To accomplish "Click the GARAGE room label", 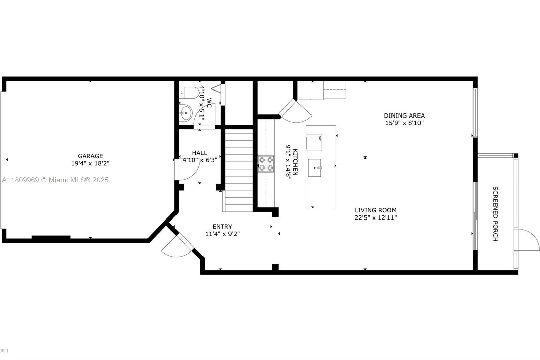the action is coord(90,156).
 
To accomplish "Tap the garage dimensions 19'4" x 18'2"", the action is coord(90,163).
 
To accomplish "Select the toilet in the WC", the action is coord(189,93).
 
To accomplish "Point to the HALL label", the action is coord(199,153).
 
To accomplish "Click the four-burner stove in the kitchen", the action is coord(266,164).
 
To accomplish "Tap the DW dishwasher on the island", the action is coord(314,143).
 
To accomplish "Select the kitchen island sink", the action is coord(315,168).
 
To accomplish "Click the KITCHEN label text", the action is coord(295,162).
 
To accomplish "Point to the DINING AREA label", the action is coord(404,115).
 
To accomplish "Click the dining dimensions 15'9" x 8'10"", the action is coord(404,123).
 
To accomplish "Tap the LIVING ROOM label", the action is coord(376,210).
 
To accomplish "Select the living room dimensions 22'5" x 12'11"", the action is coord(376,217).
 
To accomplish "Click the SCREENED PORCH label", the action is coord(495,214).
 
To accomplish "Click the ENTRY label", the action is coord(222,227).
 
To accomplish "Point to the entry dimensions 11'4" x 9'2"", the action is coord(222,234).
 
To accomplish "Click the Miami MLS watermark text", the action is coord(55,180).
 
